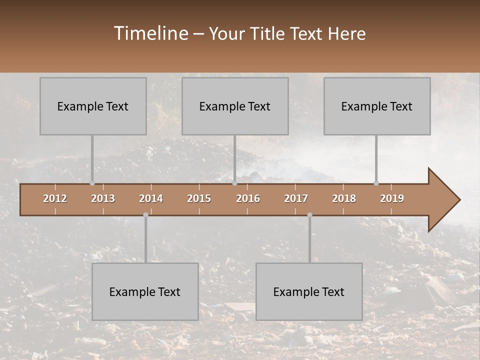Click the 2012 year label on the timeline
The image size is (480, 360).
click(x=55, y=198)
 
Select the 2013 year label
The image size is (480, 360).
click(x=103, y=198)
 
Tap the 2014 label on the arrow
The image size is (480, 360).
click(x=151, y=198)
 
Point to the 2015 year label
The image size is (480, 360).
click(x=199, y=198)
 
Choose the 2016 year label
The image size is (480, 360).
click(x=248, y=198)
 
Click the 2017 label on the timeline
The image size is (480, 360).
click(x=296, y=198)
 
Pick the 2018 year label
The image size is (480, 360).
click(x=344, y=198)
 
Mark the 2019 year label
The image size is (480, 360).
click(x=392, y=198)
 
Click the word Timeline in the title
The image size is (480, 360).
click(x=150, y=33)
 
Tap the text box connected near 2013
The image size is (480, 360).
click(x=93, y=106)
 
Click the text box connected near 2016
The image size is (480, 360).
click(x=235, y=106)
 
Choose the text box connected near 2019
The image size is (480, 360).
click(x=377, y=106)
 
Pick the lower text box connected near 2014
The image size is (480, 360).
click(x=145, y=291)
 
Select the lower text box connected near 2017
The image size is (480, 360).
click(x=309, y=291)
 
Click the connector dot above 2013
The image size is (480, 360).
click(x=92, y=183)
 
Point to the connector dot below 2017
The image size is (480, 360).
click(x=309, y=215)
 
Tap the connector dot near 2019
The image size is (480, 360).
click(x=376, y=183)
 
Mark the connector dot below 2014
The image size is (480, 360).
click(x=145, y=215)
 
